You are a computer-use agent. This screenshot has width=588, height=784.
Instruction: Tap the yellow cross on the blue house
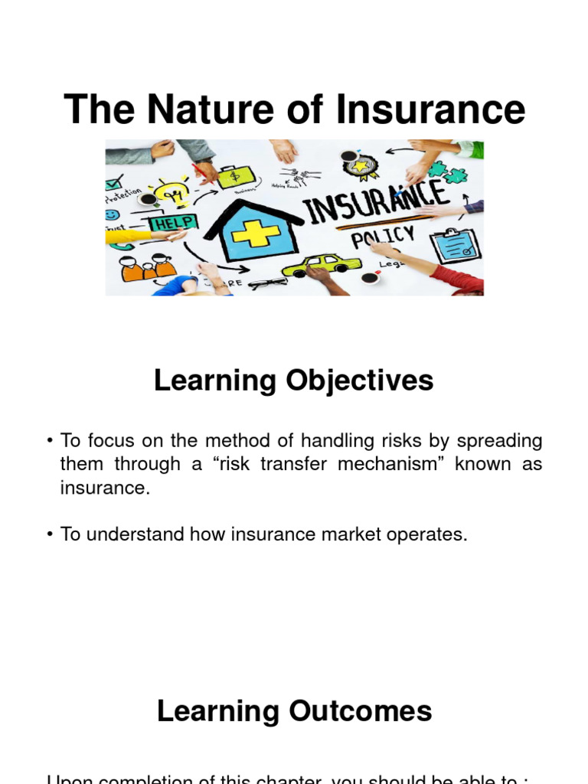tap(254, 233)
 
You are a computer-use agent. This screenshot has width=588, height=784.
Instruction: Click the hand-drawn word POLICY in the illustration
tap(383, 237)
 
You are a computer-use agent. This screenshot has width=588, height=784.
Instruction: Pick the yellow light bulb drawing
tap(169, 191)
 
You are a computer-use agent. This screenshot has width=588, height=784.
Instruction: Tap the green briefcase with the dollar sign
tap(230, 177)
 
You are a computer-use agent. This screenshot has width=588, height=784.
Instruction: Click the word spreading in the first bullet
tap(500, 442)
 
